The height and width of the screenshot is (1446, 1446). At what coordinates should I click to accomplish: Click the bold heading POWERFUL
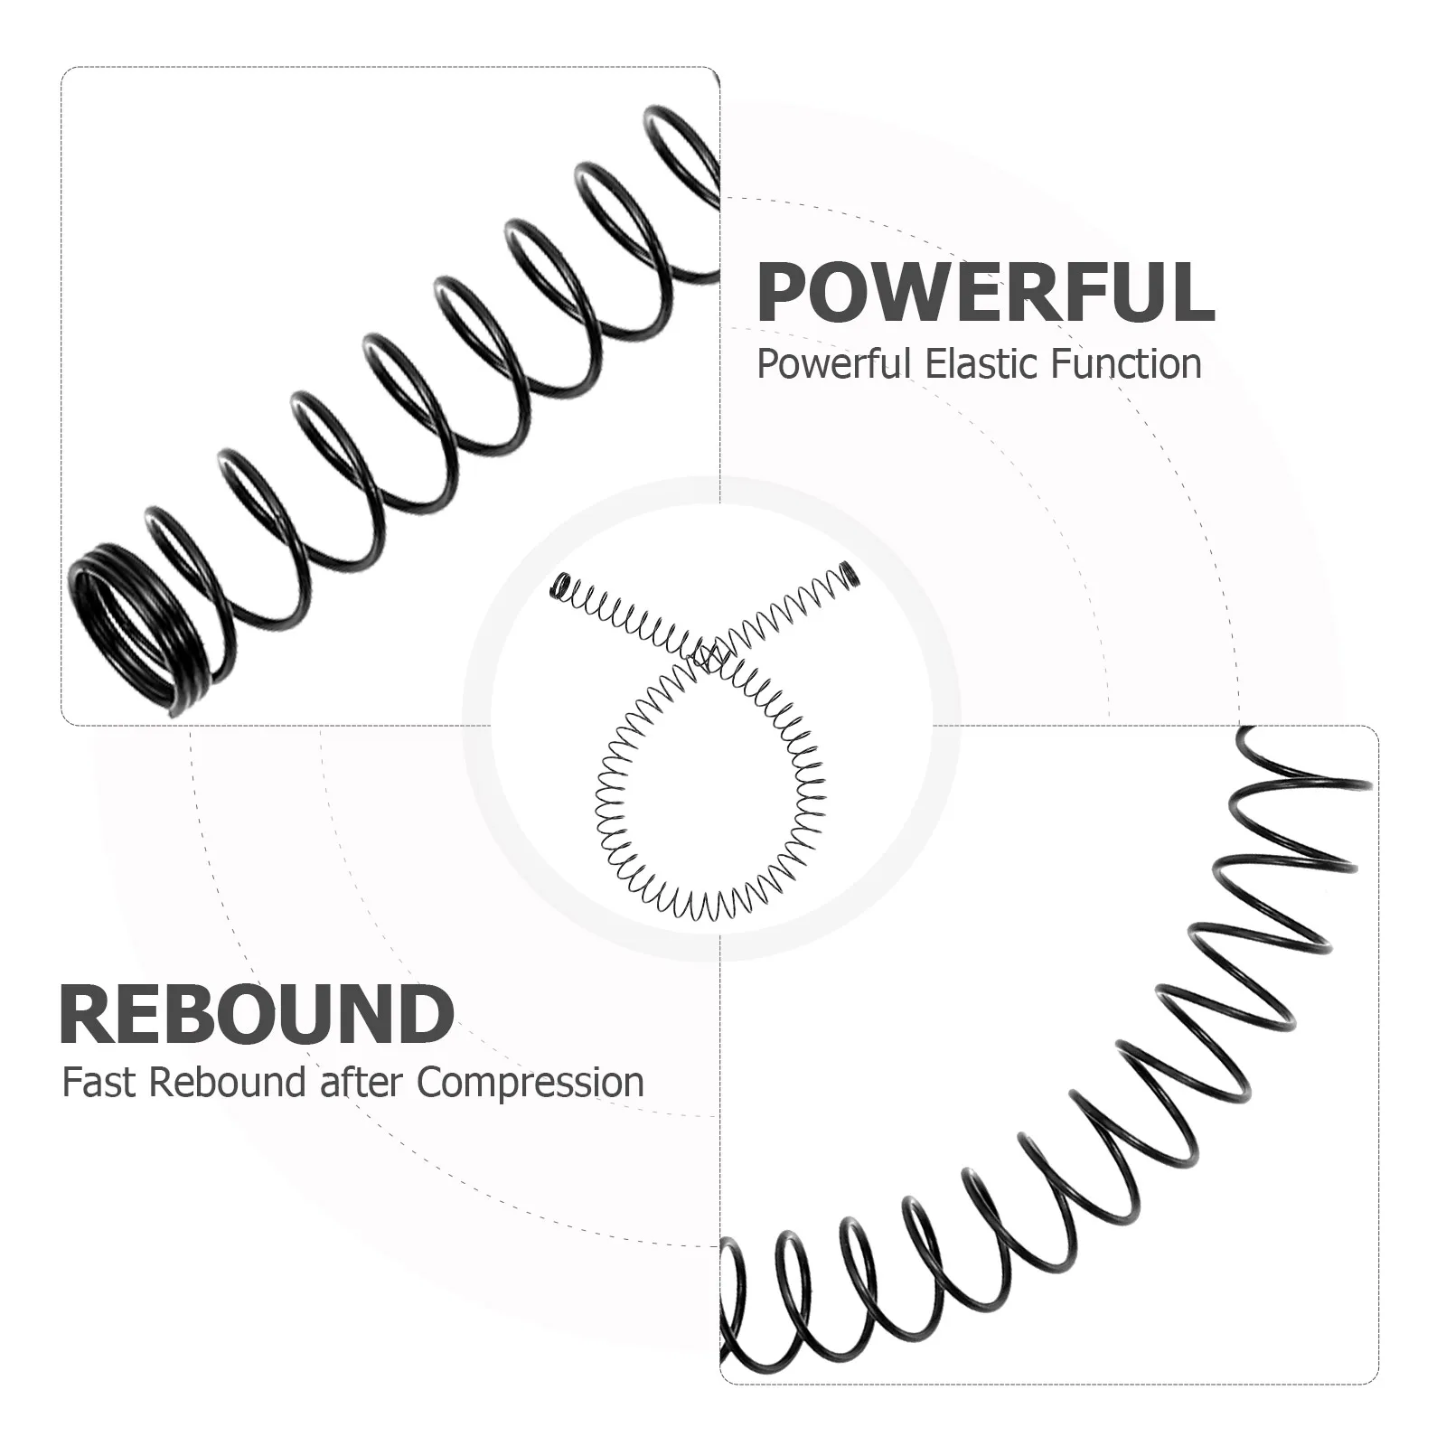(x=986, y=291)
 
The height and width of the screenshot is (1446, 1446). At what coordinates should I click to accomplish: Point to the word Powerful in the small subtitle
(x=834, y=364)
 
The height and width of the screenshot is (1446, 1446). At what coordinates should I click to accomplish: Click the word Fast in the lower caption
(x=99, y=1083)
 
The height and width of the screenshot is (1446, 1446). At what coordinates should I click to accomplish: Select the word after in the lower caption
(x=362, y=1083)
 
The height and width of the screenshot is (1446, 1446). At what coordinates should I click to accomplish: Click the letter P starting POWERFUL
(x=783, y=292)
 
